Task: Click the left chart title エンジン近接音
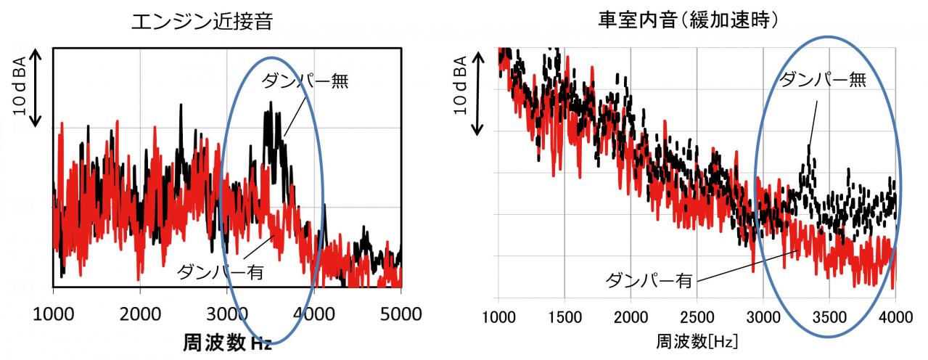click(202, 22)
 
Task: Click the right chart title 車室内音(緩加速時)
click(688, 20)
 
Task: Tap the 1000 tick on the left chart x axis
click(54, 314)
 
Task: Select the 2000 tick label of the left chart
click(141, 314)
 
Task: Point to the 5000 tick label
click(401, 314)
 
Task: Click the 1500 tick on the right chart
click(564, 317)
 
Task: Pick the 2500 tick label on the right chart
click(697, 317)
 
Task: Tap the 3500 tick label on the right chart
click(829, 317)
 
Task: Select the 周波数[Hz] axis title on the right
click(697, 342)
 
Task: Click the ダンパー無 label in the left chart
click(305, 81)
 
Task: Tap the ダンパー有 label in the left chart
click(221, 272)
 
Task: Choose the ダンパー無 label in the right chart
click(823, 79)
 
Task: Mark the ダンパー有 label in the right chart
click(649, 280)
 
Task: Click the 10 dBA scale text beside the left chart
click(20, 86)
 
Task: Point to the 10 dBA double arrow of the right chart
click(478, 94)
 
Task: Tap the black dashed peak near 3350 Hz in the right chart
click(808, 147)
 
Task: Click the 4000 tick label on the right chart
click(895, 317)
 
